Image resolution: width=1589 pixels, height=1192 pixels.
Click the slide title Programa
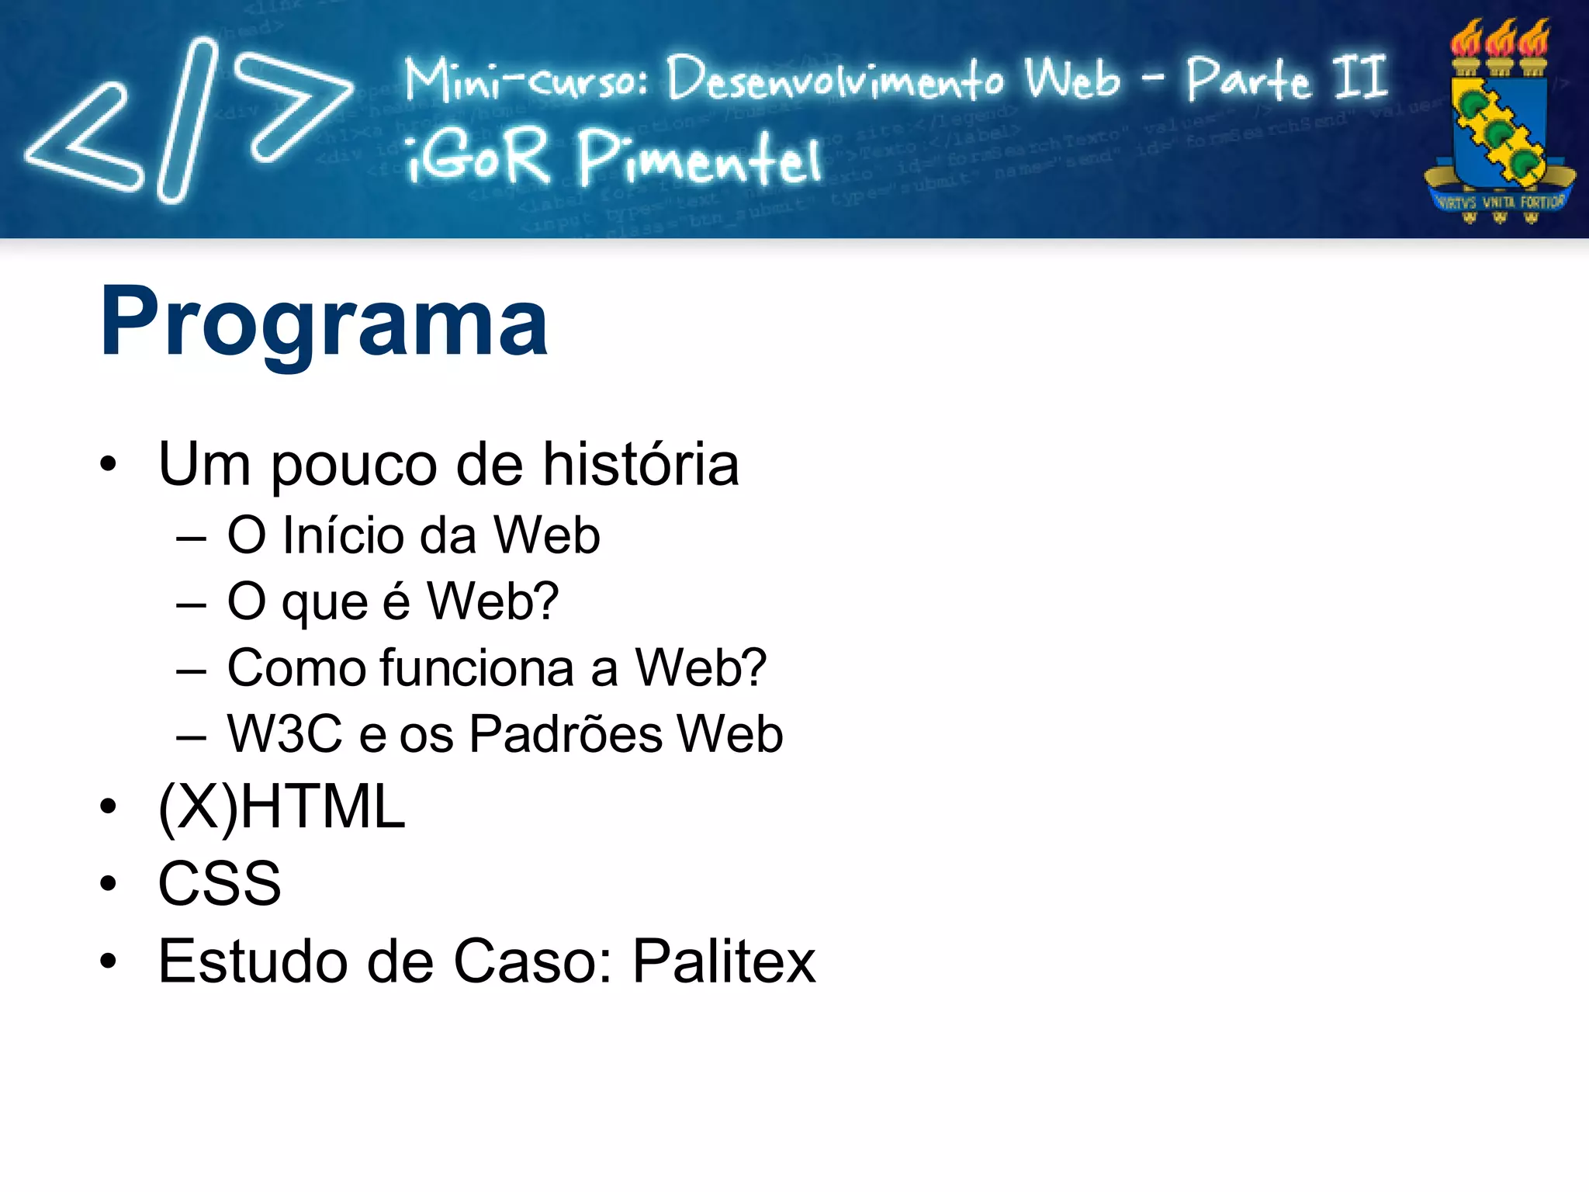point(324,322)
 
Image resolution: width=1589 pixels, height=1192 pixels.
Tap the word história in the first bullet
point(640,465)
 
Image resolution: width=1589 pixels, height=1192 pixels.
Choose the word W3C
point(284,734)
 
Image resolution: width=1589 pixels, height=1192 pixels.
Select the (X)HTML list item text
point(281,807)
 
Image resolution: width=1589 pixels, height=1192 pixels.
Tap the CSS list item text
point(220,883)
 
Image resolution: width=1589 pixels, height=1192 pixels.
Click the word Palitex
point(724,961)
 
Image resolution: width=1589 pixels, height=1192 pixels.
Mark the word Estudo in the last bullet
point(251,961)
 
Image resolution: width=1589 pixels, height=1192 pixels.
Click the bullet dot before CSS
point(108,884)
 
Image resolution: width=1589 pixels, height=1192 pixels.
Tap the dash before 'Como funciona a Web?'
point(191,669)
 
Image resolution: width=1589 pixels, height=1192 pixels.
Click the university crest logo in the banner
point(1499,124)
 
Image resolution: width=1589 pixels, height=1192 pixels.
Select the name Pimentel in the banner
point(698,159)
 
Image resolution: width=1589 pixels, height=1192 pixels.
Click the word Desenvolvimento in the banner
point(835,79)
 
